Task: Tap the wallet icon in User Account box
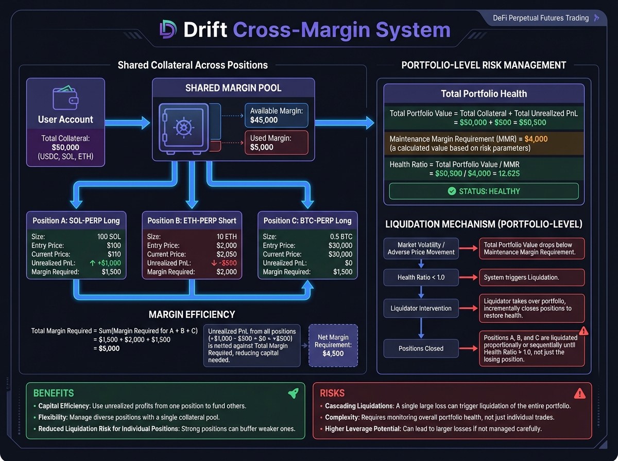coord(65,97)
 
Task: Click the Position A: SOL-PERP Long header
coord(76,221)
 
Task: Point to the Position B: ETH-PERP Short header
coord(192,221)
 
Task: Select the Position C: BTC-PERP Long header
coord(307,221)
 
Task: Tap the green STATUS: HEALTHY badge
coord(484,191)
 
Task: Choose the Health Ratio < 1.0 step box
coord(421,278)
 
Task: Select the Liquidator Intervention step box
coord(421,308)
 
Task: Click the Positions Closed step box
coord(421,348)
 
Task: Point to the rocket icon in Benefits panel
coord(293,394)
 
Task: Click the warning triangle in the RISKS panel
coord(580,394)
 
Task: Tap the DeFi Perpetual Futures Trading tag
coord(541,18)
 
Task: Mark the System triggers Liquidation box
coord(531,278)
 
